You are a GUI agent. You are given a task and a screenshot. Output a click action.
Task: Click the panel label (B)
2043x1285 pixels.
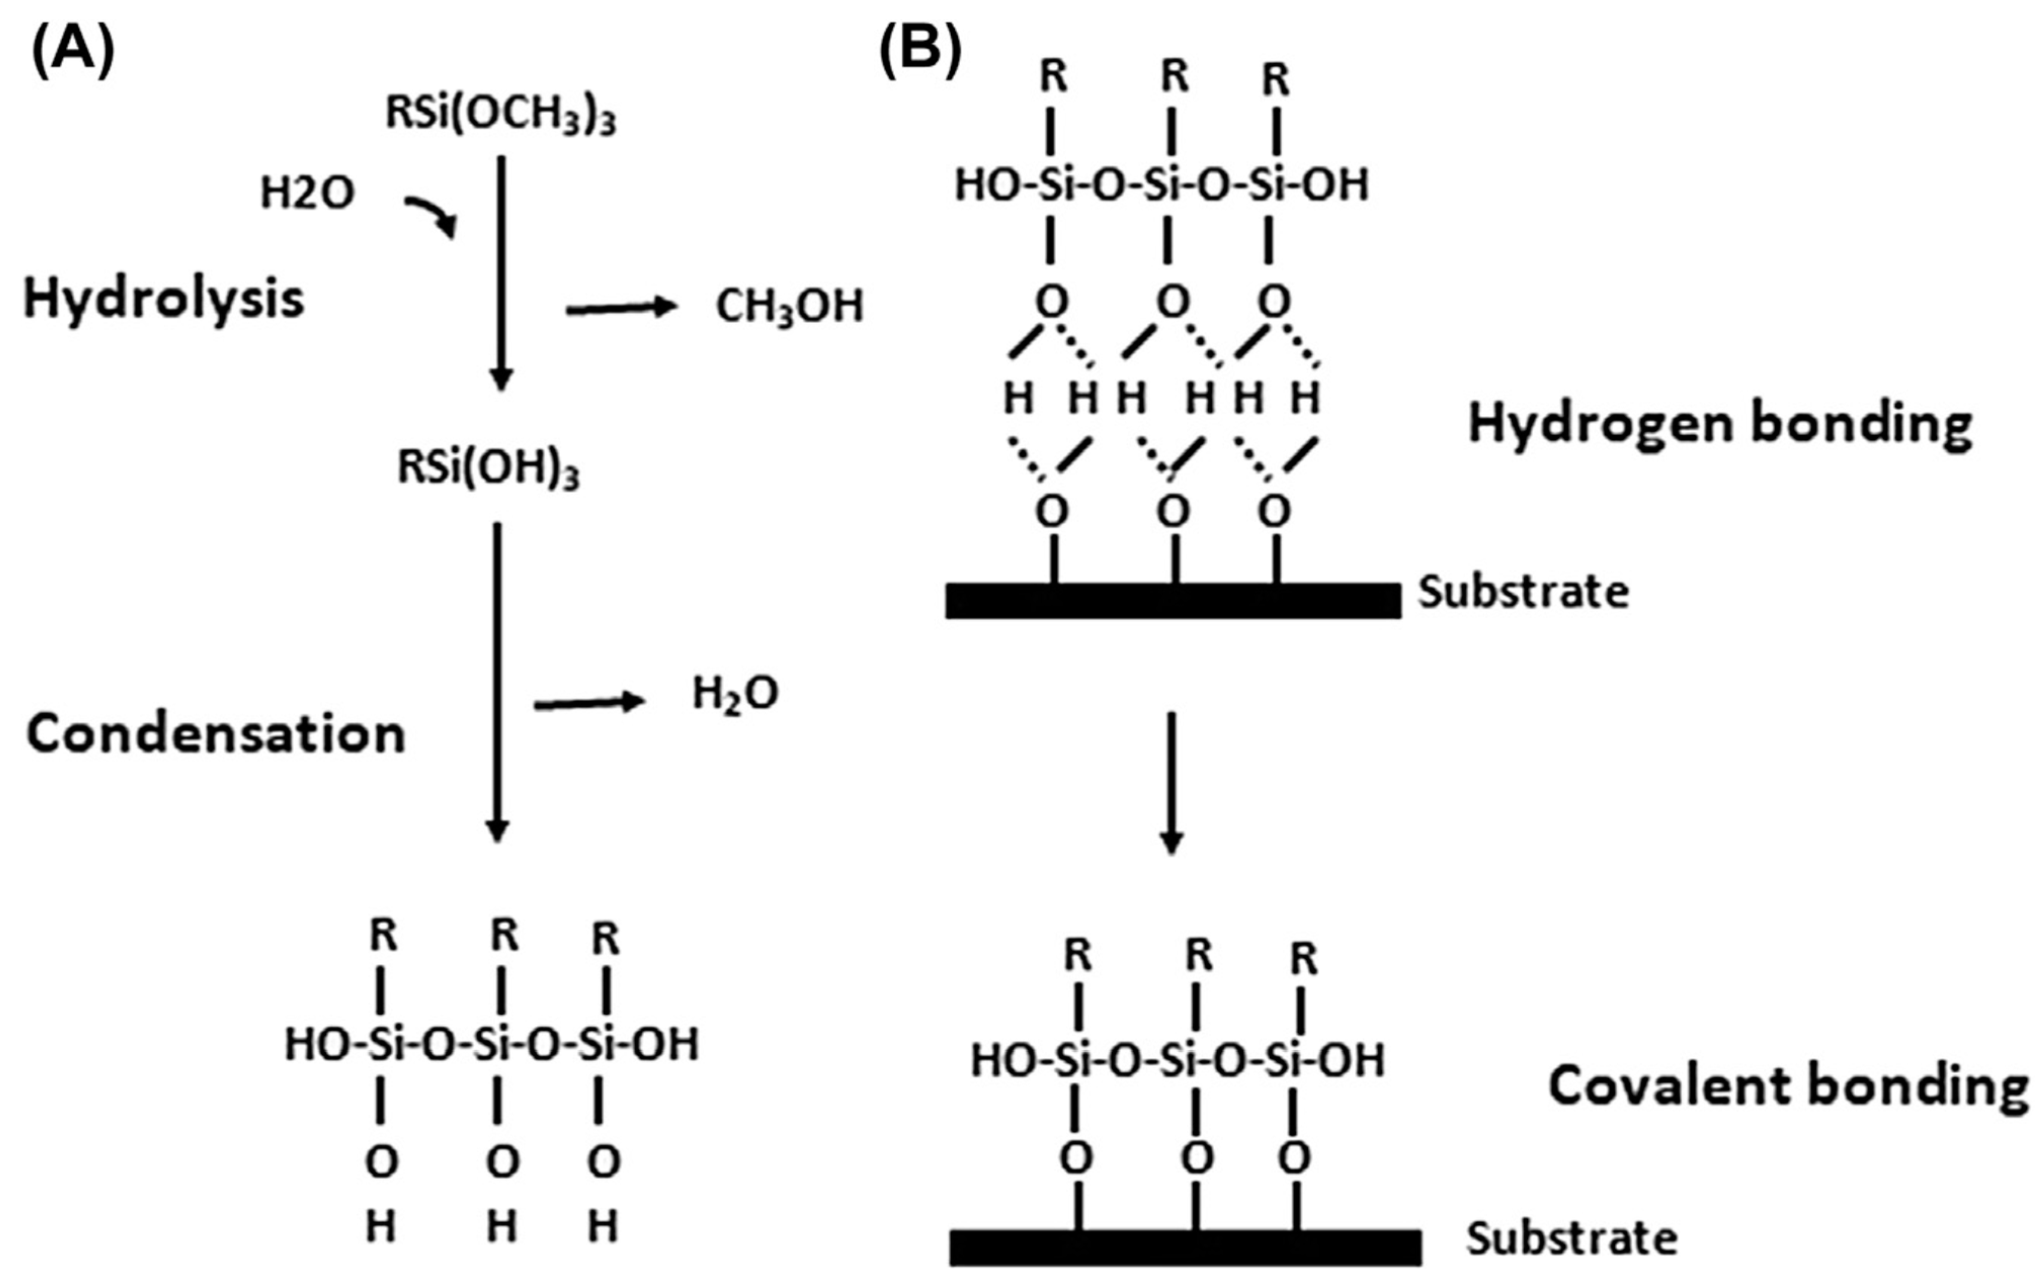(x=921, y=51)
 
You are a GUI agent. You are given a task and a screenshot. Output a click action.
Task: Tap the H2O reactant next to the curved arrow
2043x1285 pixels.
(x=307, y=193)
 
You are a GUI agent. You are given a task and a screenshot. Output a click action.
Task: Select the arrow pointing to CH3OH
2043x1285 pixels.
(x=622, y=308)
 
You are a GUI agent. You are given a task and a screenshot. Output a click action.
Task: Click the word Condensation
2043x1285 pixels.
(x=217, y=734)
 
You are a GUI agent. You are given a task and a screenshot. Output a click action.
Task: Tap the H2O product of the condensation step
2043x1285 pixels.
(x=735, y=694)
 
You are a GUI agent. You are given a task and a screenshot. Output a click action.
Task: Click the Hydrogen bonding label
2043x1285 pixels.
(x=1720, y=423)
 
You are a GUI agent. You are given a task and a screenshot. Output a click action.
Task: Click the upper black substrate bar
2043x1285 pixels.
(x=1174, y=601)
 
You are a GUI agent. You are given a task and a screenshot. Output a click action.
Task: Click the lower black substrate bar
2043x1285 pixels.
(x=1185, y=1247)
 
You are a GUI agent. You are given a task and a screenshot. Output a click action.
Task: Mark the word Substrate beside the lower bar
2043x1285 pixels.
(x=1572, y=1238)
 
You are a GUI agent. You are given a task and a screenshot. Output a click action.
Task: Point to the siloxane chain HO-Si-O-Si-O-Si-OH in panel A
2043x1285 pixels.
(x=492, y=1044)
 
